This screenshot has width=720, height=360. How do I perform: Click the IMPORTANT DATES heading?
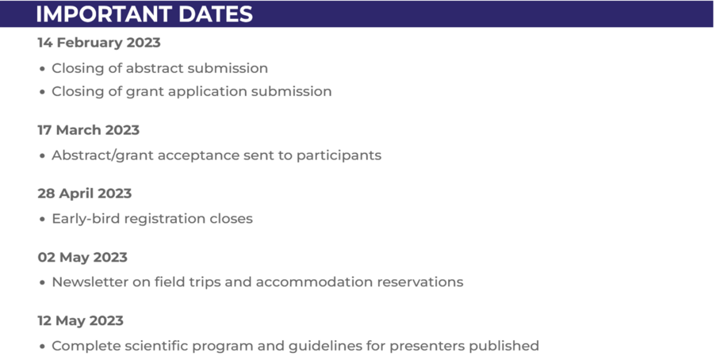point(144,13)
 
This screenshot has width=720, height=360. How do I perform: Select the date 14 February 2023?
point(99,43)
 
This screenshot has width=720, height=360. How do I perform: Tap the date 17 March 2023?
point(88,130)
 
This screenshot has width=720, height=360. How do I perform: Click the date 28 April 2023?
point(85,193)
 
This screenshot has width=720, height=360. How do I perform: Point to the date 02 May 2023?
point(82,257)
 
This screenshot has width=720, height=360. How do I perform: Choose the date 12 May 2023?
point(81,320)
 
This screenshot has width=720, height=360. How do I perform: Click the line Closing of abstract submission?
point(159,68)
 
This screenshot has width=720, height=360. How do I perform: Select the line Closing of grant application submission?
point(191,91)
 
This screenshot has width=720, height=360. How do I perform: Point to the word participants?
point(339,155)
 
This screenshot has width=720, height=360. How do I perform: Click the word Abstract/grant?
point(102,155)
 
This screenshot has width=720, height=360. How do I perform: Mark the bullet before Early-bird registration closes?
point(42,219)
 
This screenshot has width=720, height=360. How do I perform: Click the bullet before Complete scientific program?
point(42,347)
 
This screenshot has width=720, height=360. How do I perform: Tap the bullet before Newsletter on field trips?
point(42,282)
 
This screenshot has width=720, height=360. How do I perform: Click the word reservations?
point(423,281)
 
